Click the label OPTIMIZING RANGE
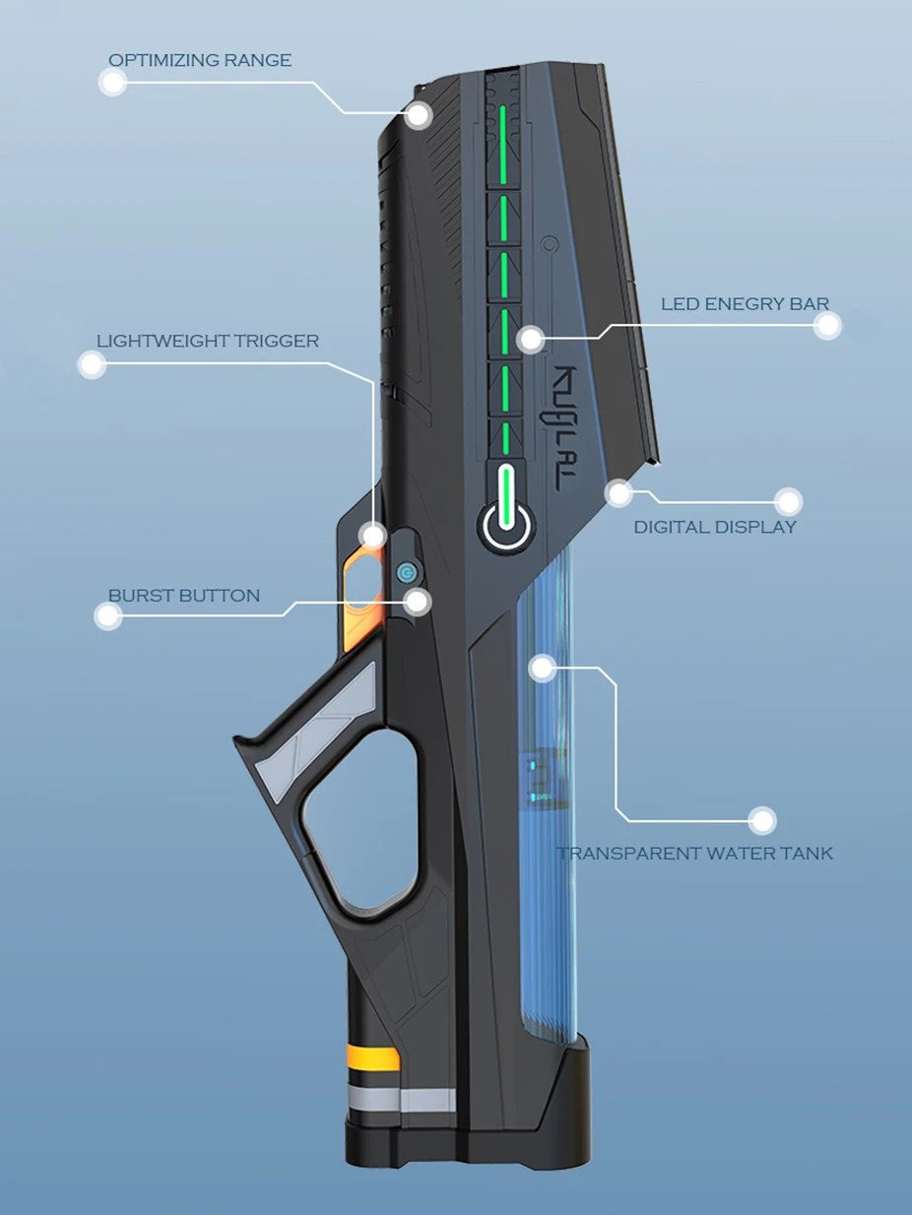[x=200, y=61]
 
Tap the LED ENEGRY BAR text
[x=745, y=304]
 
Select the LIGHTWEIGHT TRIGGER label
[x=208, y=342]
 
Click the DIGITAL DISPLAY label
[x=715, y=527]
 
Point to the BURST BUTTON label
[x=184, y=596]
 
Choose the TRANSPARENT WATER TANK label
[x=694, y=854]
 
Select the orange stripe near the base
[x=372, y=1059]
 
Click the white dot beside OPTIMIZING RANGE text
[x=113, y=83]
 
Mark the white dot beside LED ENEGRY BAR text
[x=827, y=326]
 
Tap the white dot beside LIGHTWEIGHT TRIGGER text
[x=92, y=365]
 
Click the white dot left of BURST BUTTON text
[x=107, y=617]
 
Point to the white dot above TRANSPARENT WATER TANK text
[x=761, y=819]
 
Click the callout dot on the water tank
[x=542, y=668]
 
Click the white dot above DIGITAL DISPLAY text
[x=788, y=502]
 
